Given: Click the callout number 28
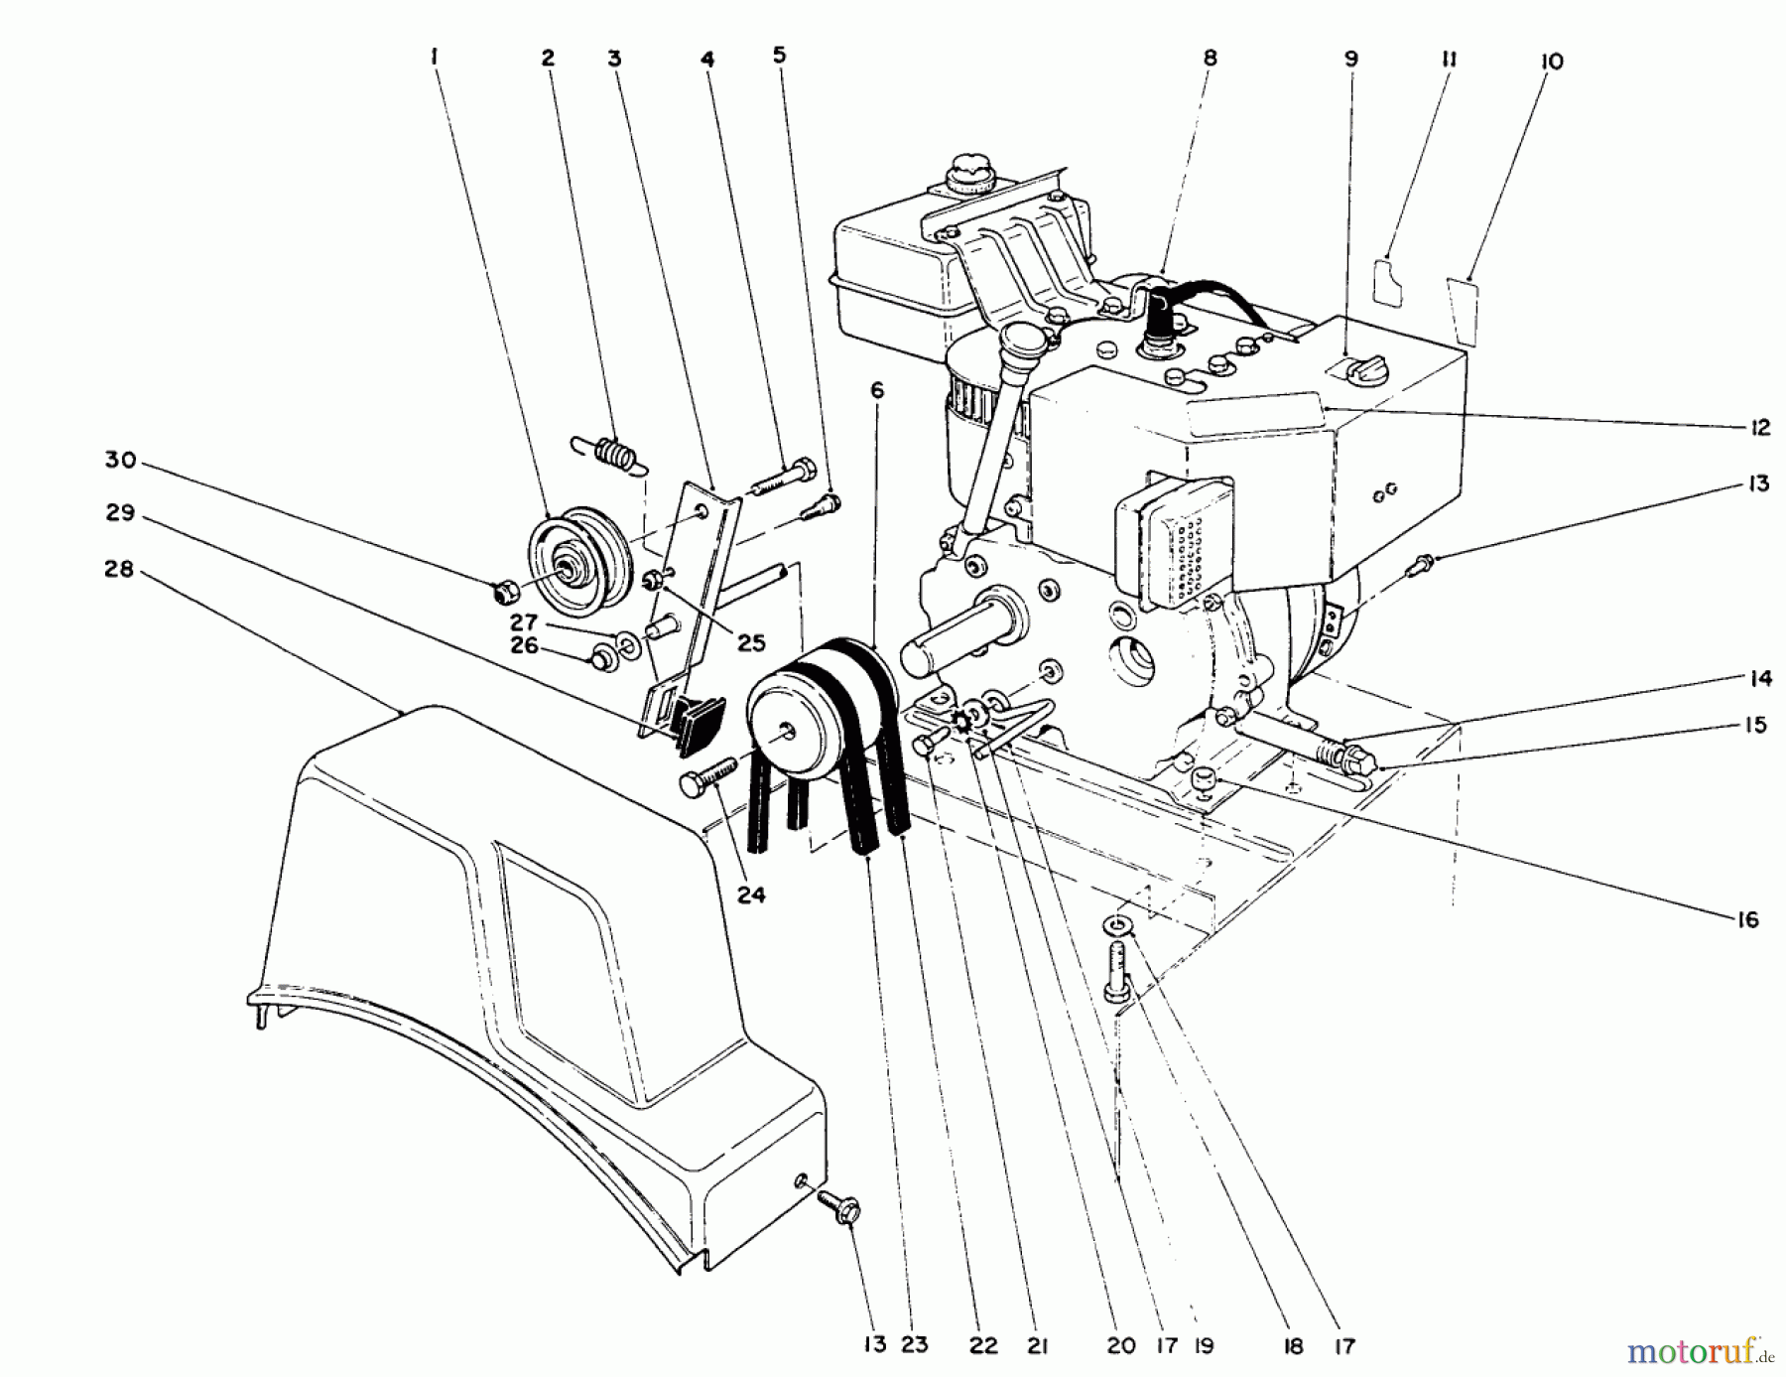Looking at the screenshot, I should coord(118,572).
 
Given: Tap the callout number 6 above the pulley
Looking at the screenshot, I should coord(876,391).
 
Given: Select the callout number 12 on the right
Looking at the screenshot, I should coord(1759,428).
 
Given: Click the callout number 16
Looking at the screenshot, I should coord(1747,919).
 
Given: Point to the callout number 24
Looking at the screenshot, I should coord(751,895).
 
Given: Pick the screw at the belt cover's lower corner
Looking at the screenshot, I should coord(839,1208).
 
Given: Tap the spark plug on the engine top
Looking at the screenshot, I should coord(1158,333).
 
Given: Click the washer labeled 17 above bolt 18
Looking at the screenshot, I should coord(1119,925).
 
